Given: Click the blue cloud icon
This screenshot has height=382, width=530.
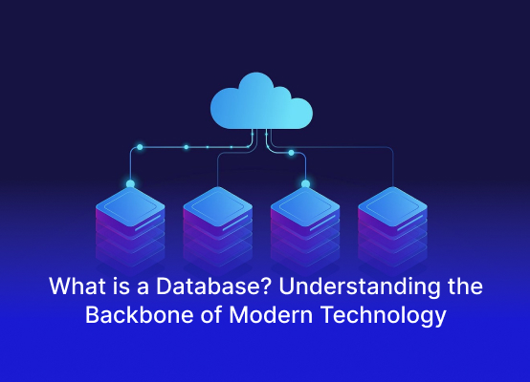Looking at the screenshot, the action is pos(261,101).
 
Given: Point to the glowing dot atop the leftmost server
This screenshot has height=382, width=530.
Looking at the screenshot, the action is pos(130,184).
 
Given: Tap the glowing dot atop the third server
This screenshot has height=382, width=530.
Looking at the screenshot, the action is pos(305,184).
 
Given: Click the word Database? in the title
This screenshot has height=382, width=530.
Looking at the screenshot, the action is pos(213,286).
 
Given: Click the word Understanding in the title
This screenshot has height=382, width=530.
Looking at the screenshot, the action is pos(360,287).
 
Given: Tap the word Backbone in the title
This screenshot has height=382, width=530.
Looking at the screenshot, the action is pos(140,315).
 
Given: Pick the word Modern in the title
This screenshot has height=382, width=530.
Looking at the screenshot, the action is pos(271,315).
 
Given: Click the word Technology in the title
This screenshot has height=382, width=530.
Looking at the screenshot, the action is pos(384,316).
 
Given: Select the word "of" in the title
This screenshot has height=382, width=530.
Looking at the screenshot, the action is pos(211,315).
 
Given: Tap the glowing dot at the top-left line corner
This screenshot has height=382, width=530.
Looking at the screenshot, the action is pos(140,147).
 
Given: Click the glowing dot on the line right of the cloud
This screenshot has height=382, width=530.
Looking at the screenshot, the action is pos(291,153).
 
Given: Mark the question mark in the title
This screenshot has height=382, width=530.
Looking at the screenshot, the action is pos(266,286).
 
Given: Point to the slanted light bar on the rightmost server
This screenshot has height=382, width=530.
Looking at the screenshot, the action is pos(410,223).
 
